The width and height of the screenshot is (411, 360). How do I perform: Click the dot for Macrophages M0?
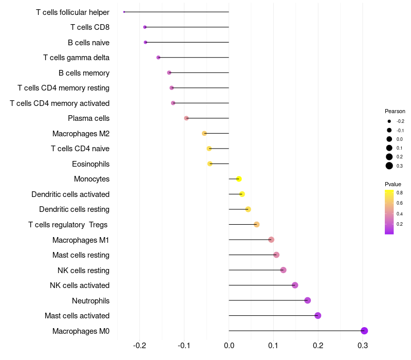[364, 331]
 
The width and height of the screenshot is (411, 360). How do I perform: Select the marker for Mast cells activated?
[318, 316]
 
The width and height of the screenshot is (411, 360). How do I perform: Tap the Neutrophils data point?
[307, 300]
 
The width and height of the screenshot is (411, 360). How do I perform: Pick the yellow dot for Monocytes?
[238, 179]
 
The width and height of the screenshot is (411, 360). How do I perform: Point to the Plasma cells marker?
[186, 118]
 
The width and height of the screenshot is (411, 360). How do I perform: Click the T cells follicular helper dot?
[124, 12]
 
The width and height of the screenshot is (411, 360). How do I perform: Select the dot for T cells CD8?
[145, 27]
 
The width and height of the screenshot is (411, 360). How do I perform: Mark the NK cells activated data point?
[295, 285]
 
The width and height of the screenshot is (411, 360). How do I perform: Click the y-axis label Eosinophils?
[90, 164]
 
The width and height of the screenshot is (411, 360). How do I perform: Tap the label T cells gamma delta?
[76, 58]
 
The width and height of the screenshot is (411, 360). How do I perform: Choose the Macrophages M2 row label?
[81, 134]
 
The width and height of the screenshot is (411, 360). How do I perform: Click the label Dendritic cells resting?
[74, 209]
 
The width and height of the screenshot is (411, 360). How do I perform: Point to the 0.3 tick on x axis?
[363, 345]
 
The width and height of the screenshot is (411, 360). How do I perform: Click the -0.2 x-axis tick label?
[140, 345]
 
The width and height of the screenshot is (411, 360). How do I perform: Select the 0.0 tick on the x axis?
[229, 345]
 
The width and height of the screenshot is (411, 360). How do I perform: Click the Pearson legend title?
[395, 111]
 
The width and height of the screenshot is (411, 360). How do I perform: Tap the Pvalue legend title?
[393, 184]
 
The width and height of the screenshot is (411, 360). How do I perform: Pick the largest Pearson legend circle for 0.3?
[389, 166]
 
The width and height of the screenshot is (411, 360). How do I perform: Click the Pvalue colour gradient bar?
[389, 212]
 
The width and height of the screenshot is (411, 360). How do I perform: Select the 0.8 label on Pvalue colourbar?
[400, 193]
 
